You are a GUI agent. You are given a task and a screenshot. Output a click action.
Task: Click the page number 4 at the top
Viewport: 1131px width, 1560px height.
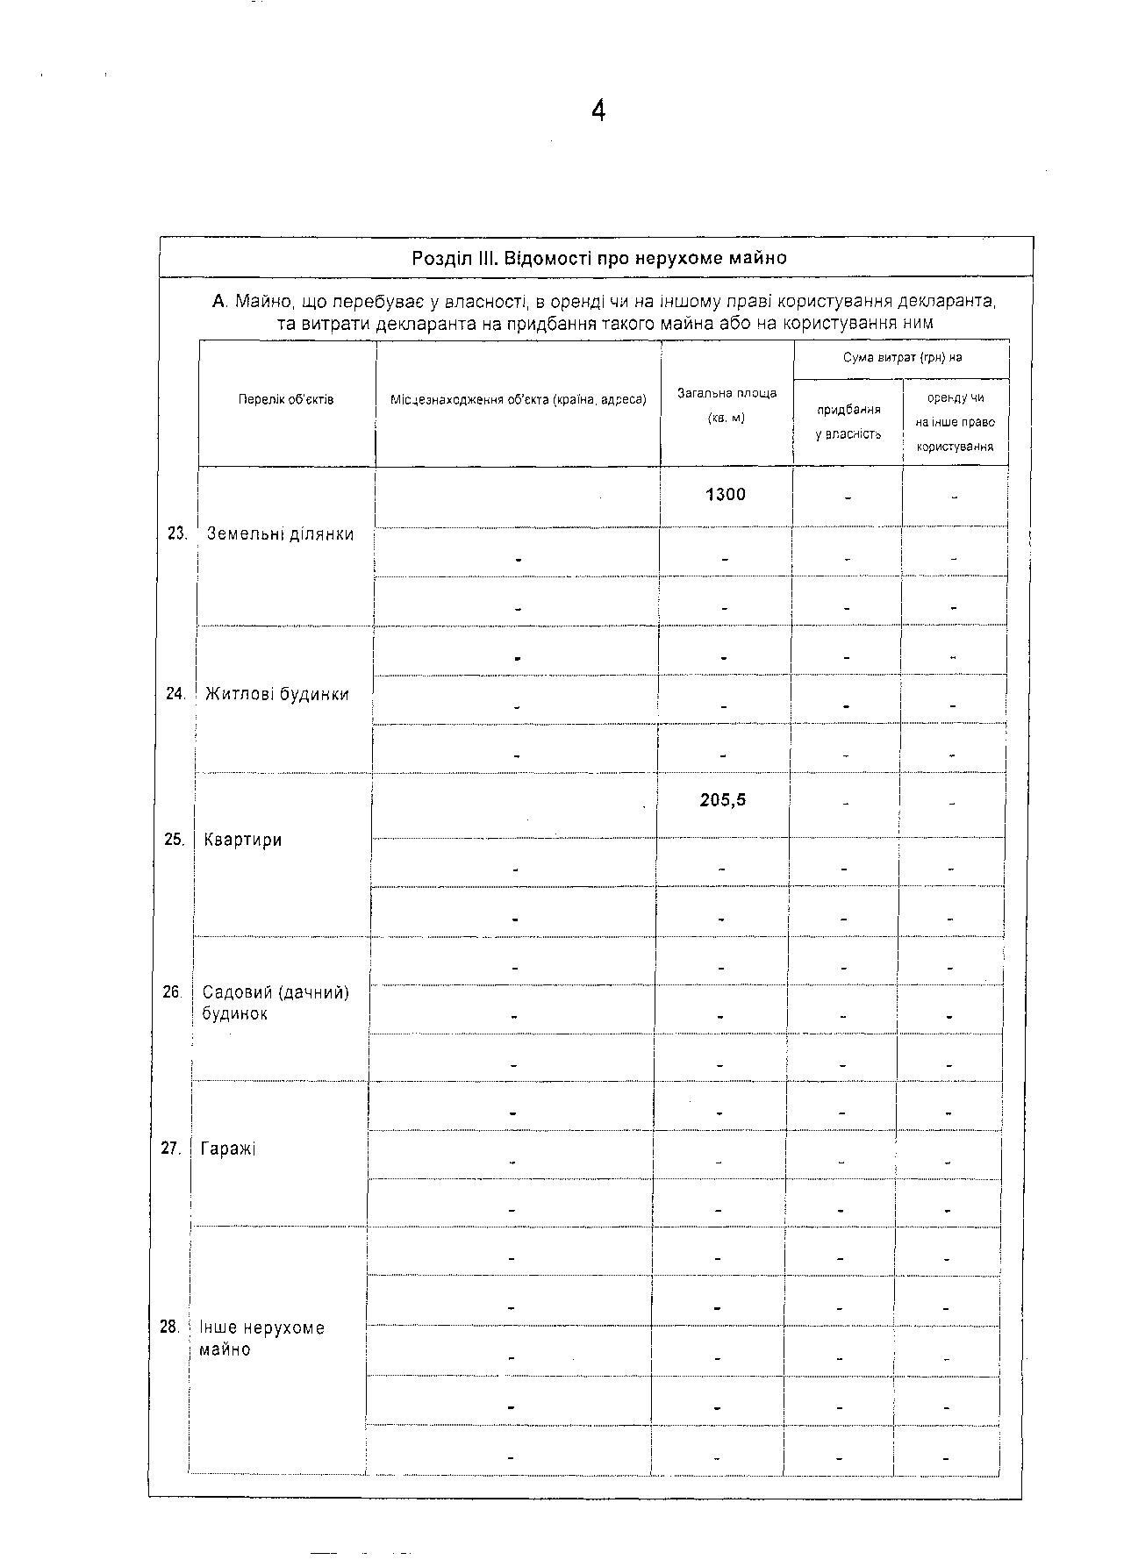pyautogui.click(x=598, y=111)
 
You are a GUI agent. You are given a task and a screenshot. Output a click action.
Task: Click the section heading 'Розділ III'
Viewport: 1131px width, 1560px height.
pyautogui.click(x=598, y=258)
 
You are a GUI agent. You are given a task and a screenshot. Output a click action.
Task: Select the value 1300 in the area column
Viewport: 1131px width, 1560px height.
pyautogui.click(x=726, y=495)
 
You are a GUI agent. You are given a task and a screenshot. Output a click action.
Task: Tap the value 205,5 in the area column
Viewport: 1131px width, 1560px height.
pyautogui.click(x=723, y=800)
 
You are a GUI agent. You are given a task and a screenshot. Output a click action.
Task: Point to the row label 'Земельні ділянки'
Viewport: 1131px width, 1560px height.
pyautogui.click(x=280, y=534)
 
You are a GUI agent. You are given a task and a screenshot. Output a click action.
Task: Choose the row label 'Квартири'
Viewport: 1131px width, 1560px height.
pyautogui.click(x=243, y=840)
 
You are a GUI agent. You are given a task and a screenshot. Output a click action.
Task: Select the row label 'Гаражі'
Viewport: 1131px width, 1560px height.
pyautogui.click(x=228, y=1149)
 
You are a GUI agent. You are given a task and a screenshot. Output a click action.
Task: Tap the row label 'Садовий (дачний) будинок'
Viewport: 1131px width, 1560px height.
pyautogui.click(x=276, y=1003)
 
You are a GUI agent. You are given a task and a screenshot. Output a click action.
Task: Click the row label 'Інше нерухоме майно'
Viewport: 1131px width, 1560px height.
pyautogui.click(x=261, y=1338)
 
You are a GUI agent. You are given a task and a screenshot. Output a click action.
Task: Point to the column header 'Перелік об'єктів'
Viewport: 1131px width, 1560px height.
pyautogui.click(x=286, y=400)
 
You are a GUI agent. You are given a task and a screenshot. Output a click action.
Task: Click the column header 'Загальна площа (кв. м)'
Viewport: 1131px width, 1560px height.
pyautogui.click(x=727, y=405)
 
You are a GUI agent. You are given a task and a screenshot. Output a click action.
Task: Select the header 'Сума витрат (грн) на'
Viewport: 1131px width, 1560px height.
pyautogui.click(x=902, y=358)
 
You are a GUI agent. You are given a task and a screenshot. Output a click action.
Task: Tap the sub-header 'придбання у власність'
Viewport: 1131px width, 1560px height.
pyautogui.click(x=848, y=422)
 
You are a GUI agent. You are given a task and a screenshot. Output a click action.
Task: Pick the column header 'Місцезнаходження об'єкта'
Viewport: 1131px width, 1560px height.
pyautogui.click(x=518, y=400)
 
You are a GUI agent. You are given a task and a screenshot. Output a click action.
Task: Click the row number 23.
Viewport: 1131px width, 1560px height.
pyautogui.click(x=177, y=533)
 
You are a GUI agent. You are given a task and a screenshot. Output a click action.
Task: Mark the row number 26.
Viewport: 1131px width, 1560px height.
pyautogui.click(x=172, y=992)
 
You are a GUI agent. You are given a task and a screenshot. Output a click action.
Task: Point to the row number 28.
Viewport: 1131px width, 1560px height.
pyautogui.click(x=169, y=1327)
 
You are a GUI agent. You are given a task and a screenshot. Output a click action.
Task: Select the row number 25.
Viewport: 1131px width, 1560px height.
pyautogui.click(x=174, y=840)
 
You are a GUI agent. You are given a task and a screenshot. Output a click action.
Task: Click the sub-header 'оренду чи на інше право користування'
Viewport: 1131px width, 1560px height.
pyautogui.click(x=956, y=422)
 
